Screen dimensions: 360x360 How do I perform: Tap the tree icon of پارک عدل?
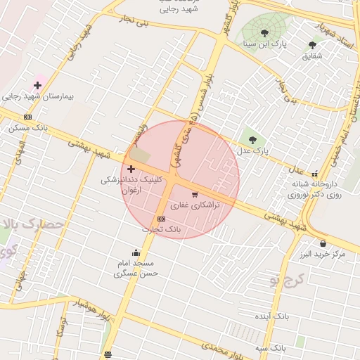click(251, 139)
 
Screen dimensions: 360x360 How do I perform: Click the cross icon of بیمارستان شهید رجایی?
click(37, 86)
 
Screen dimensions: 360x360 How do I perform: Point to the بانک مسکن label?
click(27, 128)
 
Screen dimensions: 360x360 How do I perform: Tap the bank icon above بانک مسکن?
click(27, 117)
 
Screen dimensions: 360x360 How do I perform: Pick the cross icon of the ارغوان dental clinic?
click(131, 169)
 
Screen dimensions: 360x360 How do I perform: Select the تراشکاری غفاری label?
click(195, 205)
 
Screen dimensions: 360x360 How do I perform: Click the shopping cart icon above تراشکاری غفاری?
click(195, 194)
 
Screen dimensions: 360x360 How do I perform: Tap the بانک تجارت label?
click(162, 230)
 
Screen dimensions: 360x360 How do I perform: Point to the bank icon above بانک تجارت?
click(162, 219)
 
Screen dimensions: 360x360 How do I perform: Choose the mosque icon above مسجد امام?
click(136, 252)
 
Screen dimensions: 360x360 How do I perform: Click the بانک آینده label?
click(271, 316)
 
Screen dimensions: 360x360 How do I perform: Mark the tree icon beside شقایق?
click(312, 45)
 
